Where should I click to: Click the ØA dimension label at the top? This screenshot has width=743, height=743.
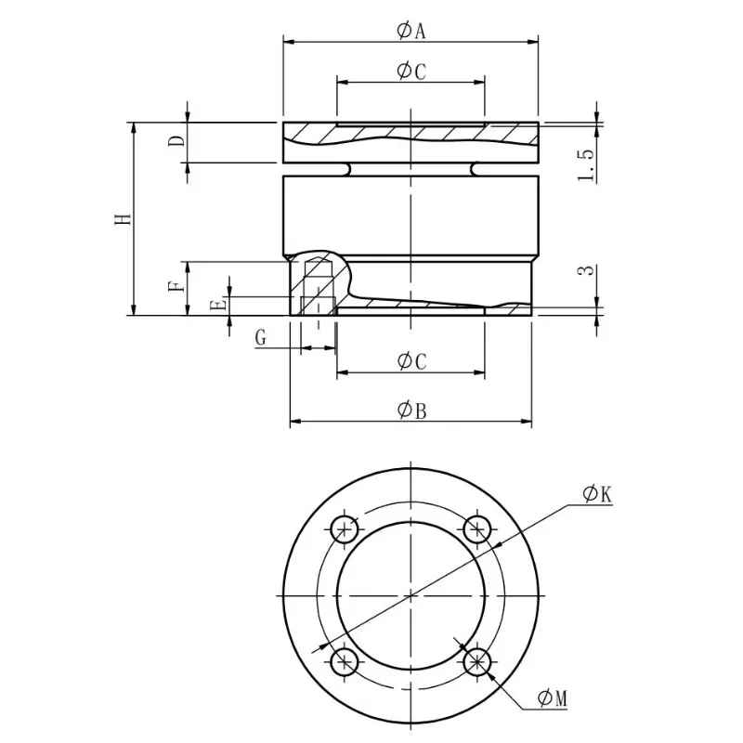411,31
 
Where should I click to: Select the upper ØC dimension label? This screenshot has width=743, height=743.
411,72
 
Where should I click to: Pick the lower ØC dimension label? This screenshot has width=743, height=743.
411,361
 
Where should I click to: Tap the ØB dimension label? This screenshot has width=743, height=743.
411,411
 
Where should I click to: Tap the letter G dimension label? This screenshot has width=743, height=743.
262,339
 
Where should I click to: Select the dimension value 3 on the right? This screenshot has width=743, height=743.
585,271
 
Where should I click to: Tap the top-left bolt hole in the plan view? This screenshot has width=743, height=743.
345,529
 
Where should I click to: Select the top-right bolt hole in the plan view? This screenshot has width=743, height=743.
476,529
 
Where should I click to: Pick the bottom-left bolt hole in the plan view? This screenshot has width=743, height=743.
345,661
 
